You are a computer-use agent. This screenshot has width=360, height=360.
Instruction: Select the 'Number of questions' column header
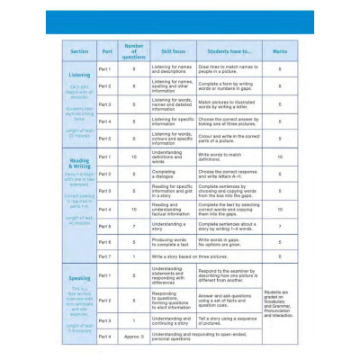click(x=134, y=50)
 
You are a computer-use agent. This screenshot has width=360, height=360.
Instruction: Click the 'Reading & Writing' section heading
click(x=78, y=165)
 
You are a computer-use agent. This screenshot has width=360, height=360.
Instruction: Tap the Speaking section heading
click(x=78, y=279)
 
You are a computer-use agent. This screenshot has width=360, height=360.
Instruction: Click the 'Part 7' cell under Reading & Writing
click(x=105, y=256)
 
